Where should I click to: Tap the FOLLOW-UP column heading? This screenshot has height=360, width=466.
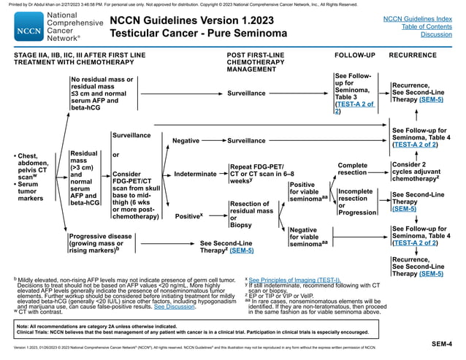point(354,55)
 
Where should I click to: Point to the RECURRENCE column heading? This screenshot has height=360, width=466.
point(413,55)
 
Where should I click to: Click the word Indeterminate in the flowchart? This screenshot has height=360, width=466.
point(196,173)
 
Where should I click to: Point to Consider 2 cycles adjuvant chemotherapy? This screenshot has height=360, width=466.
point(416,172)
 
